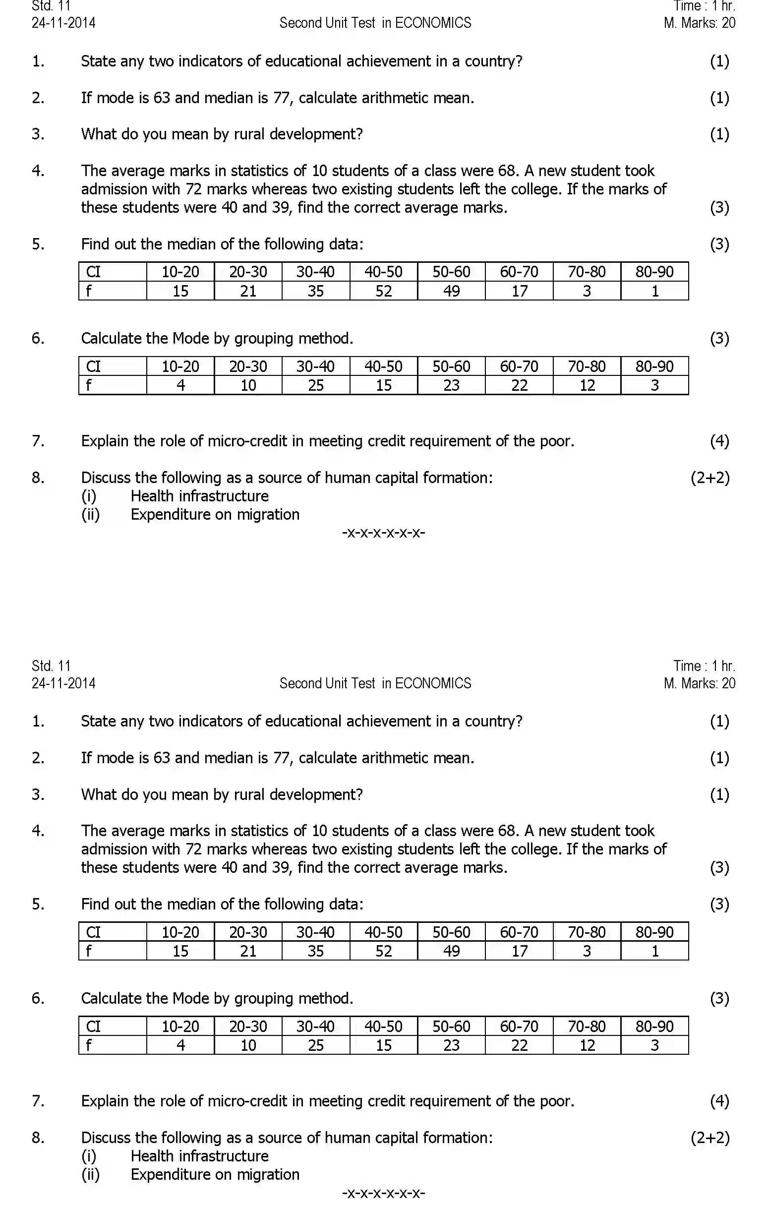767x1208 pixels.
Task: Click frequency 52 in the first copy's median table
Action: (x=383, y=291)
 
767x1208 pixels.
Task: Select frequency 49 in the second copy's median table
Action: (x=451, y=951)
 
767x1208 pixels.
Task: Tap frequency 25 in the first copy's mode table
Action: (x=315, y=385)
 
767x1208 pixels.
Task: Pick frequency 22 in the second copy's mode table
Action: (x=519, y=1045)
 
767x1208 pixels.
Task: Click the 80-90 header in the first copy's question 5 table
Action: (x=654, y=272)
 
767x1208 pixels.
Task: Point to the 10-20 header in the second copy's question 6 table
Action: (x=180, y=1027)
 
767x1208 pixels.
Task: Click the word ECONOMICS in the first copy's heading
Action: (x=433, y=23)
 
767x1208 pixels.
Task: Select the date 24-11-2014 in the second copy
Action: (x=63, y=683)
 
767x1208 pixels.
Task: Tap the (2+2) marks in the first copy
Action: (x=710, y=478)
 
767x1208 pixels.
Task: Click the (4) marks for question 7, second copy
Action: (x=719, y=1101)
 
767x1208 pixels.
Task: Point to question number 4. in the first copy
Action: (x=38, y=171)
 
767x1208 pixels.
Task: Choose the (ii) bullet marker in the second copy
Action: (x=90, y=1174)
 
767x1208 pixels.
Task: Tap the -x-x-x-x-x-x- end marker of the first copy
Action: (x=383, y=532)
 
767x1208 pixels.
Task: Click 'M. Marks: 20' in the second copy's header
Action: (x=699, y=683)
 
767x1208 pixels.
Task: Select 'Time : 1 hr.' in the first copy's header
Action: (x=704, y=6)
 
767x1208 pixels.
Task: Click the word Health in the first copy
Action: (x=153, y=496)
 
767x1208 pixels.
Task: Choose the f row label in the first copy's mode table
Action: (x=89, y=385)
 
